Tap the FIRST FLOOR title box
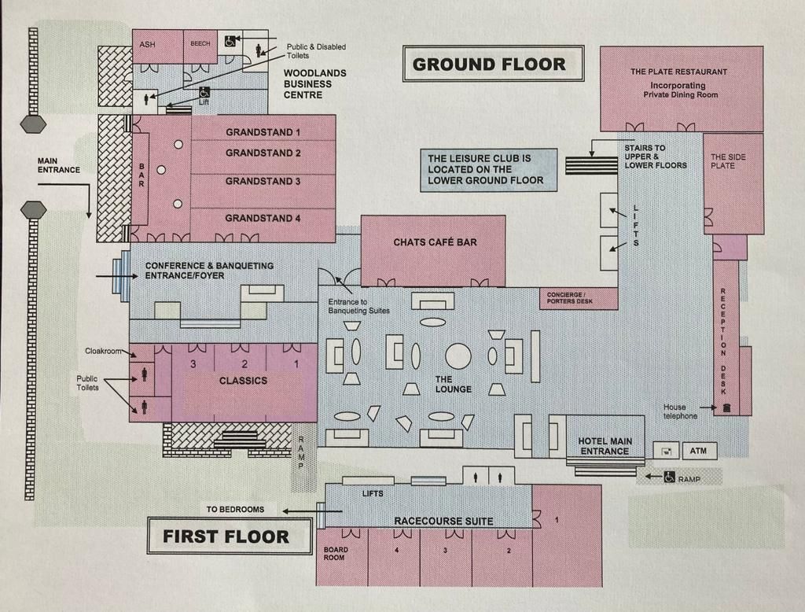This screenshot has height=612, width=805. coord(226,536)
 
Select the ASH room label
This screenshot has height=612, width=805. coord(147,45)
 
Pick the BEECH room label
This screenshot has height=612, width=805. coord(200,44)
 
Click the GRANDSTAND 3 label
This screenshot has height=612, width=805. coord(263,182)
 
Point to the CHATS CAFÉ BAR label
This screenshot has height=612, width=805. coord(435,242)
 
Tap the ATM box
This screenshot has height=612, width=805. coord(698,452)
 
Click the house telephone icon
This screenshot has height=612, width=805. coord(727,407)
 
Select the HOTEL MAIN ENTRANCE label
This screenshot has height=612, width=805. coord(605,446)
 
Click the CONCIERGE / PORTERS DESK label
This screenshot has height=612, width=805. coord(577,297)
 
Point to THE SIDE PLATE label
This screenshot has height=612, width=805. coord(728,161)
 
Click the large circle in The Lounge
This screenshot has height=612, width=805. coord(458,356)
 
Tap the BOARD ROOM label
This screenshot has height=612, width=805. coord(335,554)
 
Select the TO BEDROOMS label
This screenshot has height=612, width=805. coord(235,510)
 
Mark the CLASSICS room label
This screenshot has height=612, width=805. coord(243,381)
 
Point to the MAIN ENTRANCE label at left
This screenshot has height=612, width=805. coord(58,165)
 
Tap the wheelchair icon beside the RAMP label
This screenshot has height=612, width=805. coord(670,477)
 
